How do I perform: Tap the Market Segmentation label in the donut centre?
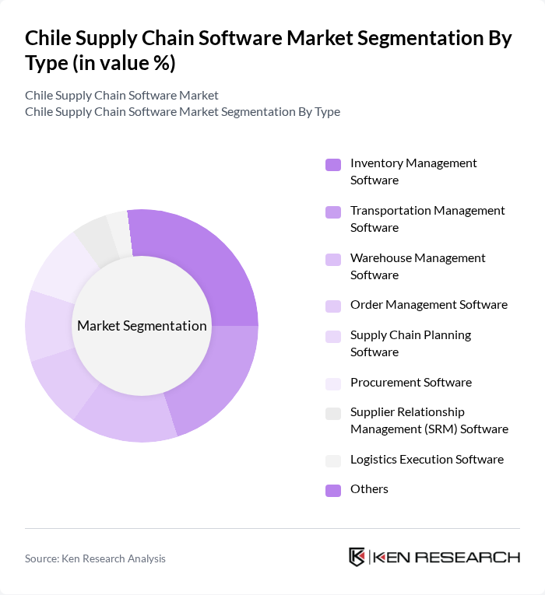[x=142, y=326]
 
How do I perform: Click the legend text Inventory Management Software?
[x=413, y=171]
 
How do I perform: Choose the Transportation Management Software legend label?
[x=427, y=219]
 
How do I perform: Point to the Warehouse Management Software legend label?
[x=417, y=266]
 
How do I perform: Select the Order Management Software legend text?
[x=428, y=305]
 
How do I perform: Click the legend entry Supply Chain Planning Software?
[x=410, y=343]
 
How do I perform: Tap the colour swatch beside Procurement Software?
[x=332, y=383]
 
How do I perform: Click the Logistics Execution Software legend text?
[x=427, y=459]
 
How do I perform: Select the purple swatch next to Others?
[x=332, y=490]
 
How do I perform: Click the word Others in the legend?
[x=369, y=489]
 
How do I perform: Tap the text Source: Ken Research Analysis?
[x=95, y=558]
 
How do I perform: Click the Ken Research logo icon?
[x=357, y=557]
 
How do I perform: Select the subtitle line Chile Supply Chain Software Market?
[x=121, y=95]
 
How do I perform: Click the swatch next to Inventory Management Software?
[x=332, y=165]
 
